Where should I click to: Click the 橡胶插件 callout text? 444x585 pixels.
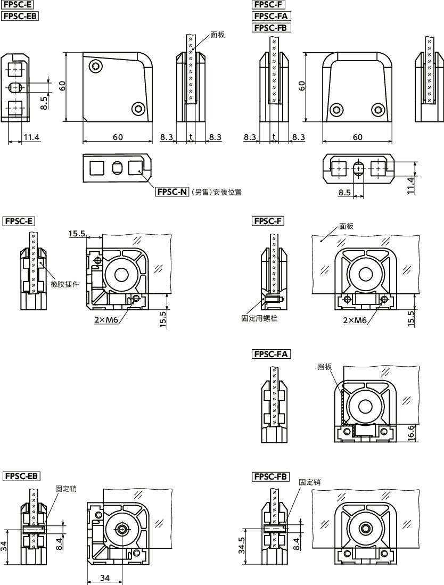click(65, 284)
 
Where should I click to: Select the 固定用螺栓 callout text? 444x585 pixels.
click(259, 318)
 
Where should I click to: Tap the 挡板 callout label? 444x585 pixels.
click(325, 367)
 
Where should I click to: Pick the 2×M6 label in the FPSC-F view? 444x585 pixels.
click(355, 320)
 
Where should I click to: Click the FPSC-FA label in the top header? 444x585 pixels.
click(272, 16)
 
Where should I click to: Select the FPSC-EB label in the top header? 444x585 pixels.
click(21, 16)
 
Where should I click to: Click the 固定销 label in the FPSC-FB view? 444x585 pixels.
click(309, 482)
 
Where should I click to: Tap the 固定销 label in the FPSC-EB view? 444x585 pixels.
click(65, 488)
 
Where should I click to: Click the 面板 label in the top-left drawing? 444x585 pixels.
click(217, 35)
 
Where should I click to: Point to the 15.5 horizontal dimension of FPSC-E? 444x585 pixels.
click(77, 233)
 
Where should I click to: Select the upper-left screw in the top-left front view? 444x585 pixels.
click(96, 67)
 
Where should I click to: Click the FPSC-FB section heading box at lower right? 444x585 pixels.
click(271, 476)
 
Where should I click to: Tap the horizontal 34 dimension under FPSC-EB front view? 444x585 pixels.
click(104, 578)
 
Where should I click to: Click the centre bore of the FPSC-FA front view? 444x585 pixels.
click(365, 408)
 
